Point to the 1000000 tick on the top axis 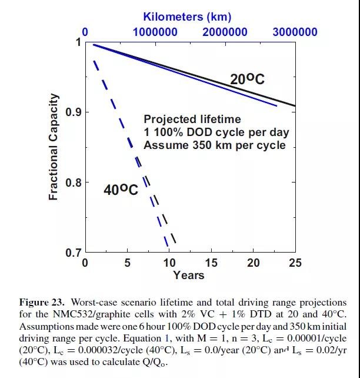pos(155,32)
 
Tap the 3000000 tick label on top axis pos(294,32)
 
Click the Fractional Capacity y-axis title pos(54,147)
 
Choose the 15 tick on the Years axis pos(211,263)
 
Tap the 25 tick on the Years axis pos(295,263)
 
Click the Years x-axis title pos(189,276)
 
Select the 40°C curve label pos(121,190)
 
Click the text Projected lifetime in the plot pos(192,120)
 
